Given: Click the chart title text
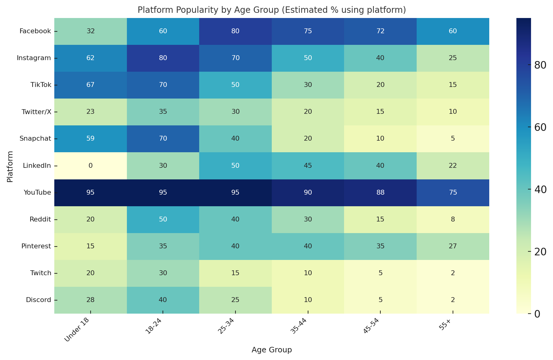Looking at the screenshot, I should (271, 10).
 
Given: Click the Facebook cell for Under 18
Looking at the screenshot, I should (91, 31).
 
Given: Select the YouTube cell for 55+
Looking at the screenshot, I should (453, 193).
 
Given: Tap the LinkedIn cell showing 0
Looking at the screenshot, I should (91, 166).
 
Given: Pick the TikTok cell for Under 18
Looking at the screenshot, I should (91, 85).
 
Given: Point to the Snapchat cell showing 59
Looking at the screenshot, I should (91, 139).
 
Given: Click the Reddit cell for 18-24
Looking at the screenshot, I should (163, 219).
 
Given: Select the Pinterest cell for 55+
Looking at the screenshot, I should (453, 246).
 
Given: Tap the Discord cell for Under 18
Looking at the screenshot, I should (91, 300).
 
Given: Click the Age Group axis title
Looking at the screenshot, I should (271, 350).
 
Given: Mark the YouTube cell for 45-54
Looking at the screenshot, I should (380, 193).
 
